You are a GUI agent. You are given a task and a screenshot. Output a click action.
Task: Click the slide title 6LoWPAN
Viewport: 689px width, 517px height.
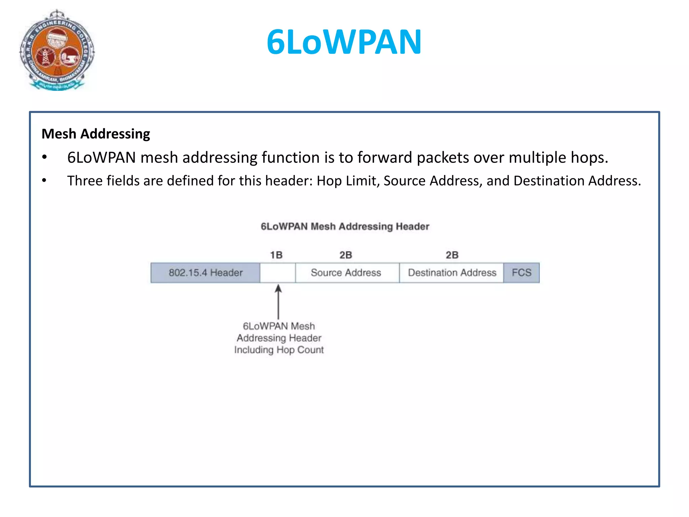[344, 42]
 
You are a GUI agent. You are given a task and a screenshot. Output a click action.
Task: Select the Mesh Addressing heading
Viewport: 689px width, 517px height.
[96, 134]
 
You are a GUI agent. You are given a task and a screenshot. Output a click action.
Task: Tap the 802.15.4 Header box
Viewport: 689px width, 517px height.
[206, 273]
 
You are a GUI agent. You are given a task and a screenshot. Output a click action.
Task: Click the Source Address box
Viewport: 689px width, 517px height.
[346, 273]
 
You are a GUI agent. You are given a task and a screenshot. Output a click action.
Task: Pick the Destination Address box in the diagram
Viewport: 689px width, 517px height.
[452, 273]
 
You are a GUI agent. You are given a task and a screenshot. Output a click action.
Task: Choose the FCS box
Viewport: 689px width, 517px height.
[521, 273]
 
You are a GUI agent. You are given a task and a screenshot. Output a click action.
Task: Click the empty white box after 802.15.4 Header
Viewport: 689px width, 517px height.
[278, 273]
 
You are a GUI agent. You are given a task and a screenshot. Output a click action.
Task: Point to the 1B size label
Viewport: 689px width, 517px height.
[276, 255]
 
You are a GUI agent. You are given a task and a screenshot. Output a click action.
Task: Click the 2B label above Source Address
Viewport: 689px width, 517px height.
[346, 255]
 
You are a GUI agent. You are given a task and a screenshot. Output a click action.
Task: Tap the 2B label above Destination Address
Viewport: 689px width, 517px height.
[452, 255]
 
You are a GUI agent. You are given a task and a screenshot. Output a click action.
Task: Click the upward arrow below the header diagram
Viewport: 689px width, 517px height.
[278, 301]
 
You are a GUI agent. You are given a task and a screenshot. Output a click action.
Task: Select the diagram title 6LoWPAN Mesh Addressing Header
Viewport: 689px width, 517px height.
[345, 227]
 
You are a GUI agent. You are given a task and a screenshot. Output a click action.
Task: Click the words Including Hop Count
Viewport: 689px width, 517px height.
[279, 350]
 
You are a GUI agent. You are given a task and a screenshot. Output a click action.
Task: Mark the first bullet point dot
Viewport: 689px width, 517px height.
[44, 157]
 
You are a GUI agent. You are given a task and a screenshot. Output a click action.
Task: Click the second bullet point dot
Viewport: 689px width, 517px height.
[44, 181]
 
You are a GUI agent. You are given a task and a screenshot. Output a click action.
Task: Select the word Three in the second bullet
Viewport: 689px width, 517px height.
[85, 181]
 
